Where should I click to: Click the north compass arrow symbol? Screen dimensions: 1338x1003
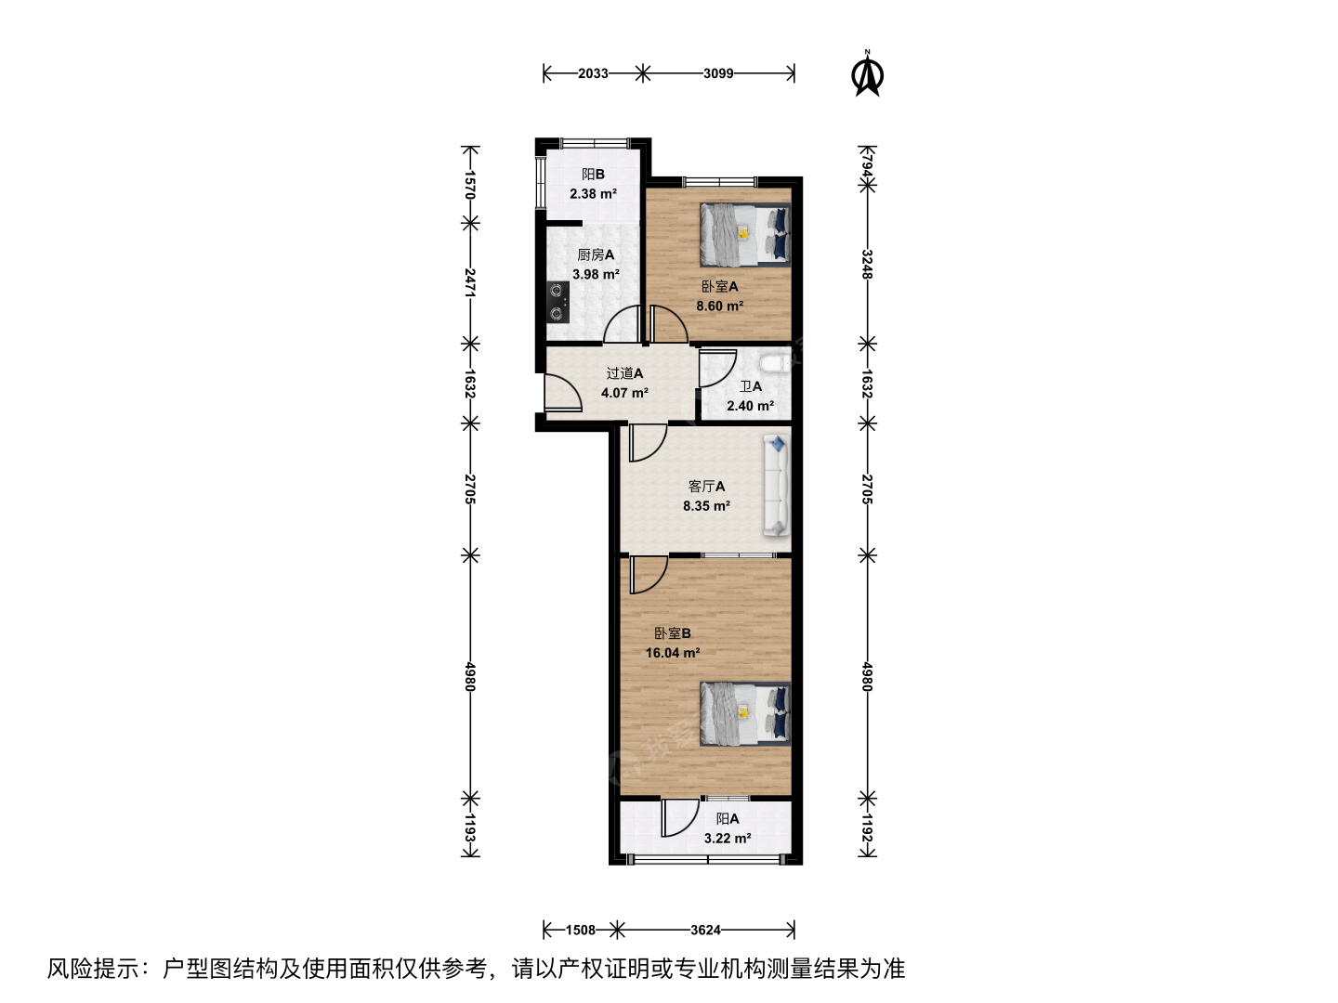pos(868,74)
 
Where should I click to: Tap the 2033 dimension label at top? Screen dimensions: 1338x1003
pos(593,73)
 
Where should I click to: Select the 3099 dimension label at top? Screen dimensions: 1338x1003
pos(718,73)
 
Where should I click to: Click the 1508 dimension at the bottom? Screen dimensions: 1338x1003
pos(581,930)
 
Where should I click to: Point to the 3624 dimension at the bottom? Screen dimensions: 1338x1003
pos(705,930)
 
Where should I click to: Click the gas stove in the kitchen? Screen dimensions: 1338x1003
pos(131,302)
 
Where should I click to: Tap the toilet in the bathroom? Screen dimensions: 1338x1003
pos(774,363)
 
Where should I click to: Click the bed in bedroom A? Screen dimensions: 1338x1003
pos(745,234)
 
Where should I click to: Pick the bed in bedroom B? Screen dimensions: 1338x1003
pos(745,714)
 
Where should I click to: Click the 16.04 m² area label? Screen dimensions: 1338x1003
pos(673,653)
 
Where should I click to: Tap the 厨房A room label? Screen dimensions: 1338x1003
pos(596,255)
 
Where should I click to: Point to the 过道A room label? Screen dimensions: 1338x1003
pos(624,373)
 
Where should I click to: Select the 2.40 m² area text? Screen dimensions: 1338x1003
pos(750,406)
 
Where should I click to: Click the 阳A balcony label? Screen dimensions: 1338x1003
pos(728,818)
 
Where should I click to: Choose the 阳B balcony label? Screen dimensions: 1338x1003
pos(593,175)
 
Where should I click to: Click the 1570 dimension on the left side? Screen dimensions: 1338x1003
pos(469,185)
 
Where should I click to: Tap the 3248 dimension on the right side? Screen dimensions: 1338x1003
pos(867,265)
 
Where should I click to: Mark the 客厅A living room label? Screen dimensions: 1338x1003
pos(706,486)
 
